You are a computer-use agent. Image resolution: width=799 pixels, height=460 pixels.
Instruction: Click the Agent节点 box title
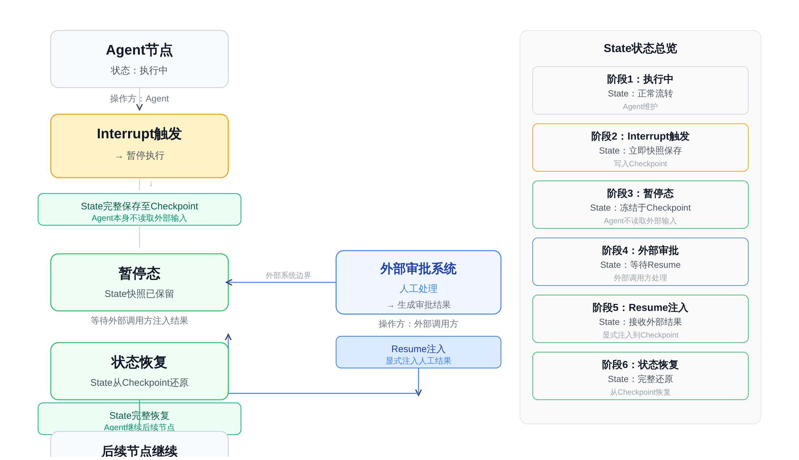click(139, 50)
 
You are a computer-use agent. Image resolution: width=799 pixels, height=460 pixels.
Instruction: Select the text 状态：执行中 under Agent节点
click(139, 70)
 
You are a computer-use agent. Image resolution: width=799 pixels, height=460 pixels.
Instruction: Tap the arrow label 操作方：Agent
click(139, 99)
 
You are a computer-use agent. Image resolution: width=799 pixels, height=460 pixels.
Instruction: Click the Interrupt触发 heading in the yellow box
click(139, 134)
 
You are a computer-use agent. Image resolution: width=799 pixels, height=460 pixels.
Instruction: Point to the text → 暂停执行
click(140, 156)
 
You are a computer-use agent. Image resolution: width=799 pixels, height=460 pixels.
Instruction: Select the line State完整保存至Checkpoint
click(139, 206)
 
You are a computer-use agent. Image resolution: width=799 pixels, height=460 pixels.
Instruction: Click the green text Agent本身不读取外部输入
click(139, 218)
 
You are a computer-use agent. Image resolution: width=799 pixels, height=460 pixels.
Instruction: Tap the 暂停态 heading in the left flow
click(139, 273)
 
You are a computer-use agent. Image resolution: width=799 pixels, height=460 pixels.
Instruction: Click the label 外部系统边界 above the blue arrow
click(288, 275)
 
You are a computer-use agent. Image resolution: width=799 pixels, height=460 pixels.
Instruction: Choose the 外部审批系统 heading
click(418, 269)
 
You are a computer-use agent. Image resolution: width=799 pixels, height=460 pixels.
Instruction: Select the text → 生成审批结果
click(419, 305)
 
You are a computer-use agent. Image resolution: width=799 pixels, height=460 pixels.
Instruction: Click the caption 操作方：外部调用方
click(418, 324)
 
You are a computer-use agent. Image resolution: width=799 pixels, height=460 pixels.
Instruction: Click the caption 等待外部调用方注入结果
click(139, 321)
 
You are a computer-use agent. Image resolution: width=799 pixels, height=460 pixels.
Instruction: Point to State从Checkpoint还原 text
click(139, 383)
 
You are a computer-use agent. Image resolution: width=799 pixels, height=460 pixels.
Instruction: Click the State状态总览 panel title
click(640, 49)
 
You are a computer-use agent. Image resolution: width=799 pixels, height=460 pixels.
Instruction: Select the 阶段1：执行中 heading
click(640, 79)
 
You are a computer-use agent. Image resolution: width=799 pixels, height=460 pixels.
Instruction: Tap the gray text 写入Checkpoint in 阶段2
click(640, 164)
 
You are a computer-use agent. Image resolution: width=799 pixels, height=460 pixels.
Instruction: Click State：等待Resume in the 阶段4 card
click(640, 265)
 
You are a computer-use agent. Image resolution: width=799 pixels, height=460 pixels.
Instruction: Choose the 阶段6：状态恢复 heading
click(640, 365)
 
